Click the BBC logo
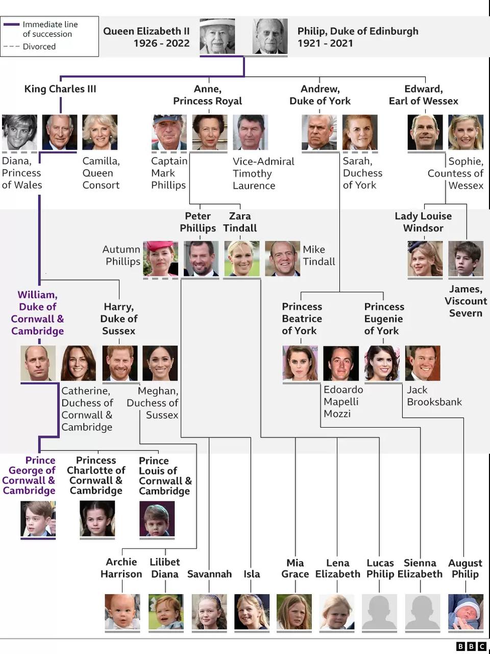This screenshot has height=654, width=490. [471, 646]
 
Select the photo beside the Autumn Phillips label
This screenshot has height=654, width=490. [161, 259]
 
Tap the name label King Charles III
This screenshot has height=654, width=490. [60, 89]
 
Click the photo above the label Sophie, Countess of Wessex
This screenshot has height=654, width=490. [465, 132]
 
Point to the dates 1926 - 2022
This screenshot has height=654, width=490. [162, 43]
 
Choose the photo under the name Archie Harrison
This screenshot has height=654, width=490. [122, 612]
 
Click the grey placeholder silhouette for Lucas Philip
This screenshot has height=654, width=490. [379, 612]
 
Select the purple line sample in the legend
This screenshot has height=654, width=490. [12, 25]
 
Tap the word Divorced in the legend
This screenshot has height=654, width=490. [39, 46]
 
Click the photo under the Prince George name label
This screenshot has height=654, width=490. [38, 519]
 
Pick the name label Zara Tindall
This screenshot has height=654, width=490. [240, 222]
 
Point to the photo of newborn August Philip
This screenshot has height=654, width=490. [465, 612]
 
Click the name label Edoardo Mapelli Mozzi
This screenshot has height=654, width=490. [344, 401]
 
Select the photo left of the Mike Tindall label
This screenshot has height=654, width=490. [282, 259]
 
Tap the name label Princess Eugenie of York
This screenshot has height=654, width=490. [384, 318]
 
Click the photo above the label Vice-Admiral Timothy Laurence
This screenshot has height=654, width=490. [250, 132]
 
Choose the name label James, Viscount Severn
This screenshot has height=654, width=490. [466, 301]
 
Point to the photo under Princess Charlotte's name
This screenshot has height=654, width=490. [97, 519]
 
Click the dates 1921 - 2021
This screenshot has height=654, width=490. [325, 43]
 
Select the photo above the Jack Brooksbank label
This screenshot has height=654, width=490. [423, 363]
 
